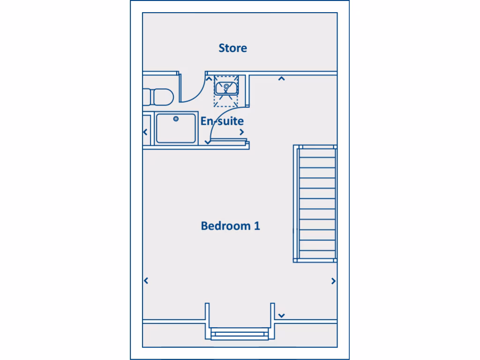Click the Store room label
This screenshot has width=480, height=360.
click(232, 48)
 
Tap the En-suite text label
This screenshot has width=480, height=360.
click(222, 121)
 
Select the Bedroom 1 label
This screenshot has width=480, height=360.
click(230, 226)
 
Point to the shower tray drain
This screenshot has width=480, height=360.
click(176, 119)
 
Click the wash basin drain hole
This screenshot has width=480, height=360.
click(226, 87)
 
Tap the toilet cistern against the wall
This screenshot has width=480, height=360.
click(147, 97)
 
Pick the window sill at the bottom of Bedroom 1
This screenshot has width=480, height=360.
click(240, 334)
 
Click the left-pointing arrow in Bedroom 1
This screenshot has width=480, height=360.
click(146, 281)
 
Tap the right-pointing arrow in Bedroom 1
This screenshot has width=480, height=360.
click(333, 281)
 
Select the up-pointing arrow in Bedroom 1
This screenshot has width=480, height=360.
click(281, 79)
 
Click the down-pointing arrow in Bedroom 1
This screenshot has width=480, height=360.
click(281, 315)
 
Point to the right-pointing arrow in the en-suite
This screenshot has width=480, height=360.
click(242, 132)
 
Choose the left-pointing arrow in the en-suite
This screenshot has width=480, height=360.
click(146, 132)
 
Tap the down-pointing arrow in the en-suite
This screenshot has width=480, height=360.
click(208, 142)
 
